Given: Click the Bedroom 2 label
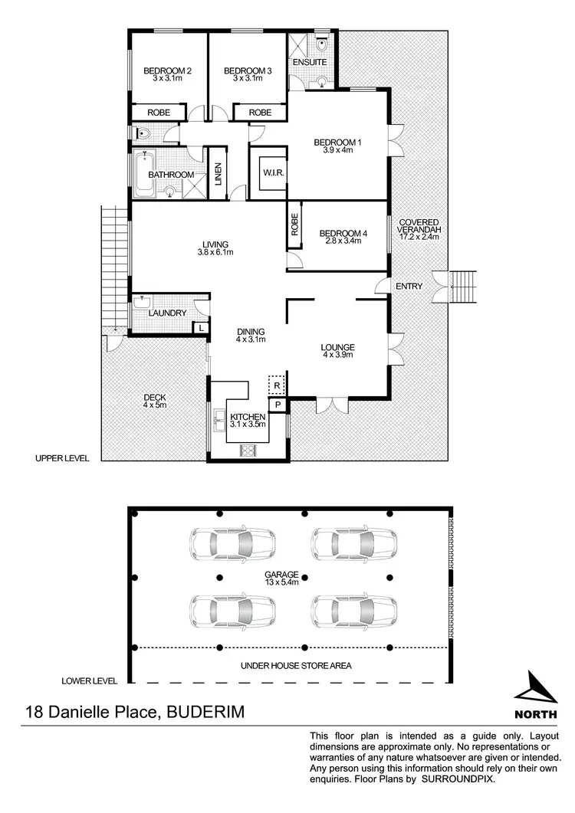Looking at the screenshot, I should pos(167,71).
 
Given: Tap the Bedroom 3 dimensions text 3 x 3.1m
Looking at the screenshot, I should pos(248,80).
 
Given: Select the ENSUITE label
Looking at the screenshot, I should pos(310,62).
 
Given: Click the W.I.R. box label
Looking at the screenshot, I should pos(274,173).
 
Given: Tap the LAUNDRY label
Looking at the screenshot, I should pos(168,313).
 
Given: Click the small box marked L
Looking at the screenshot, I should pos(200,328).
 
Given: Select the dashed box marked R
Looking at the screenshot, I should pos(276,385).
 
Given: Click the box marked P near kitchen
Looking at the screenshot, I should pos(276,404).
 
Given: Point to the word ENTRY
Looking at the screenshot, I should pos(409,287).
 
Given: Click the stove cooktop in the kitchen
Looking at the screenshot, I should pos(248,451).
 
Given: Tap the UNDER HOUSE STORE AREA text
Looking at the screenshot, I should pos(295,666).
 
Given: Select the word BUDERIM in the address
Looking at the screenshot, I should pos(203,713).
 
